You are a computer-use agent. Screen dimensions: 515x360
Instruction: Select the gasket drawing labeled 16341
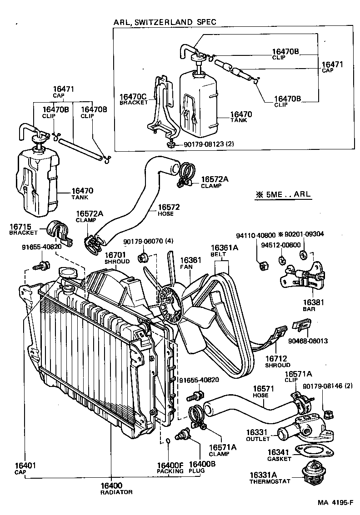(314, 451)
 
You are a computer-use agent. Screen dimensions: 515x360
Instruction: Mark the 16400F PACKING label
(170, 467)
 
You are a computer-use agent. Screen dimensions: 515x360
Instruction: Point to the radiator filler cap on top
(67, 274)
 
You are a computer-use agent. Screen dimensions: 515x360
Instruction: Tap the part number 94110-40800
(255, 235)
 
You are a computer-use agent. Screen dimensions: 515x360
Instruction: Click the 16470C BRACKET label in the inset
(133, 99)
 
